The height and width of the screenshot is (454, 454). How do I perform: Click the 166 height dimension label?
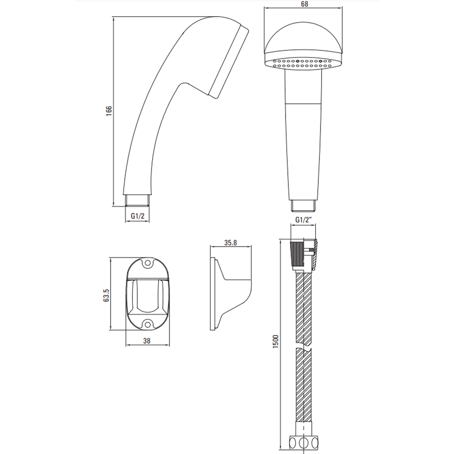pos(109,111)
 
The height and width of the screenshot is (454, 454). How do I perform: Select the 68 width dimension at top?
pos(305,4)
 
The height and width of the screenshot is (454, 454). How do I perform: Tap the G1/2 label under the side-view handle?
pos(138,216)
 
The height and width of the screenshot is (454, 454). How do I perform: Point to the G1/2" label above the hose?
pos(303,220)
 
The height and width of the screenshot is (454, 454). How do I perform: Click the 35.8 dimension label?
pos(231,242)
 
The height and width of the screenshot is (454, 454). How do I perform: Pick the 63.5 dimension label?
pos(106,296)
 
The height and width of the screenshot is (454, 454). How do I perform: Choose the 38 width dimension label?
pos(147,341)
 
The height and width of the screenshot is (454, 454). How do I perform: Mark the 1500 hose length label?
pos(276,341)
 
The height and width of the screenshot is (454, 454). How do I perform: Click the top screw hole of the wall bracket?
pos(148,263)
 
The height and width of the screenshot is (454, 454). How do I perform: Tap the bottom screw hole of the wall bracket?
pos(148,323)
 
